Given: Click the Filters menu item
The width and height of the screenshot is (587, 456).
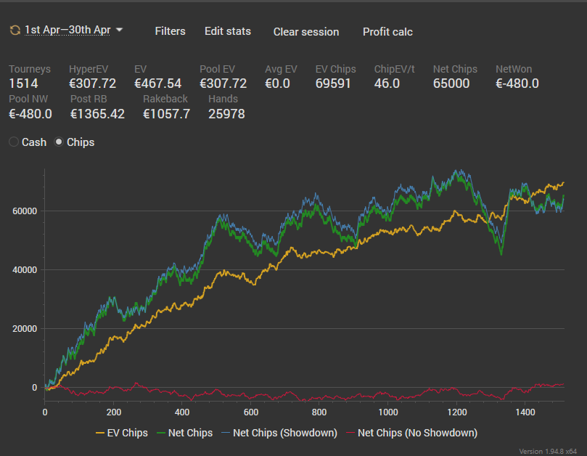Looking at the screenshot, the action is (170, 31).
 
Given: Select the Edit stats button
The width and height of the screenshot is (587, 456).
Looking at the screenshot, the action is (228, 31).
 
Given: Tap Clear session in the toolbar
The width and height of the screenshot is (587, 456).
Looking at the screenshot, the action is (306, 32).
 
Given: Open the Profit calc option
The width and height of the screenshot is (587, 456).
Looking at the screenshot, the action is (387, 32).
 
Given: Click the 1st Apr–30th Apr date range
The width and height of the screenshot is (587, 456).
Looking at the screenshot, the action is (67, 30).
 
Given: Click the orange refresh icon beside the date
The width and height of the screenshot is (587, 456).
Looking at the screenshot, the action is (15, 30).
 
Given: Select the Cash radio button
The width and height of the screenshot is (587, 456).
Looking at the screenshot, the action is (14, 142).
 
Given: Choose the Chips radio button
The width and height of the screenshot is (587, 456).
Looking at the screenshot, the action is (59, 142).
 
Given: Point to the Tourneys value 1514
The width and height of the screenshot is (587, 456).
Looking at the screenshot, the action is (23, 84).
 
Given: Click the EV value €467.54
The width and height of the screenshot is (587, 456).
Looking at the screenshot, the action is (157, 84).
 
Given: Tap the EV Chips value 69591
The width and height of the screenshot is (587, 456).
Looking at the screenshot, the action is (333, 84).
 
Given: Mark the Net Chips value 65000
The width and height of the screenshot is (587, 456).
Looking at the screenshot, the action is (451, 84).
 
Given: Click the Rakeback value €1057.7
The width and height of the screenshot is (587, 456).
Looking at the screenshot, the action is (167, 113).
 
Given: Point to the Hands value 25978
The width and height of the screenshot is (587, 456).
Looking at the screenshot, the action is (226, 113).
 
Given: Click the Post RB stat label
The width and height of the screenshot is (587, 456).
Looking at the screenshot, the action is (89, 99).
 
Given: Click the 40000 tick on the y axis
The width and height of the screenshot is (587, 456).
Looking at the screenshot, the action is (25, 270).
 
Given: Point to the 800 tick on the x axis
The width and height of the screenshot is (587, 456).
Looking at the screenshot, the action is (319, 412).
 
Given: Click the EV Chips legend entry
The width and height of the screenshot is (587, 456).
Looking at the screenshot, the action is (122, 433).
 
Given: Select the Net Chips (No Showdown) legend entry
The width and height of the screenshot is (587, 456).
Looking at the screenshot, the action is (412, 433).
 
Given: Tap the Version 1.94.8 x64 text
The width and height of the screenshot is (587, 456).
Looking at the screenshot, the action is (548, 451).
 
